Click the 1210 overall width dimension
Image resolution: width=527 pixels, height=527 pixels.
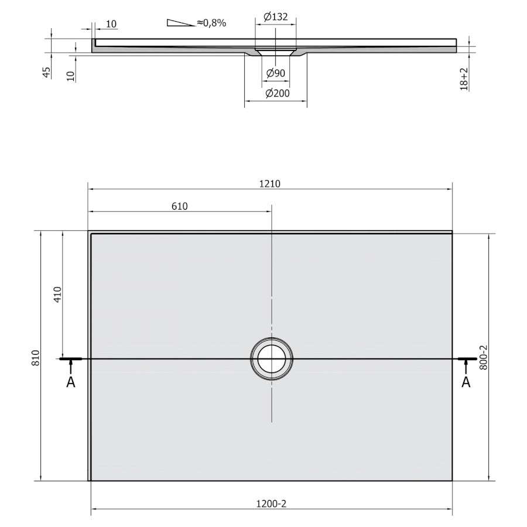point(269,184)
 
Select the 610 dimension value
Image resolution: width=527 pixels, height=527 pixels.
point(180,206)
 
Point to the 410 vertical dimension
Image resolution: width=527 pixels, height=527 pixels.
point(58,295)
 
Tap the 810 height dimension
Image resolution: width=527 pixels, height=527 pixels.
point(36,358)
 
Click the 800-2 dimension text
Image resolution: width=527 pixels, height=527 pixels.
point(483,358)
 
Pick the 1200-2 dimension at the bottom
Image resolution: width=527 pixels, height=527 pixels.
point(271,504)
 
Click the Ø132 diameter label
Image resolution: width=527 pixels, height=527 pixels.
point(276,16)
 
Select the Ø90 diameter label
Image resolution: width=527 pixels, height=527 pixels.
point(276,73)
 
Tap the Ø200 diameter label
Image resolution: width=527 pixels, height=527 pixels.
point(278,93)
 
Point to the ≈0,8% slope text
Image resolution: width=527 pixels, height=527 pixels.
point(211,23)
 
